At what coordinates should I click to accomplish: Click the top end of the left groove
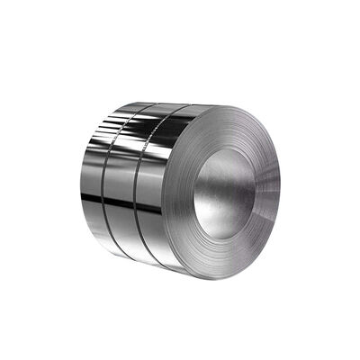coord(134,108)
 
